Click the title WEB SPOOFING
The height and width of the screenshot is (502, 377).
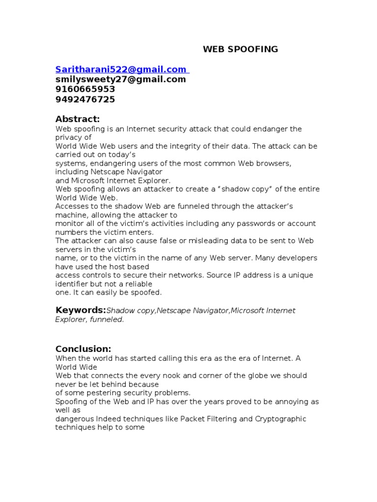(241, 49)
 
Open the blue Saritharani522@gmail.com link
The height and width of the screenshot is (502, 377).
(121, 69)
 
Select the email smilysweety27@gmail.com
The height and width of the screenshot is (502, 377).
(121, 79)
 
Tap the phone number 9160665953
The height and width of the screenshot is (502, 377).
(85, 89)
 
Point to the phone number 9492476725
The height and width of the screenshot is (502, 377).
(85, 100)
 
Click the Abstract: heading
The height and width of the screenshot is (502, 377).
(78, 119)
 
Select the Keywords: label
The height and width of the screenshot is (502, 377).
(81, 310)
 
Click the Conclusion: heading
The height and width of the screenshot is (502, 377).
(83, 349)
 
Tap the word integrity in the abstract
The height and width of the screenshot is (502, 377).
(190, 146)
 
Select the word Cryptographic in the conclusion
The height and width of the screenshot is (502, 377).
(281, 419)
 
